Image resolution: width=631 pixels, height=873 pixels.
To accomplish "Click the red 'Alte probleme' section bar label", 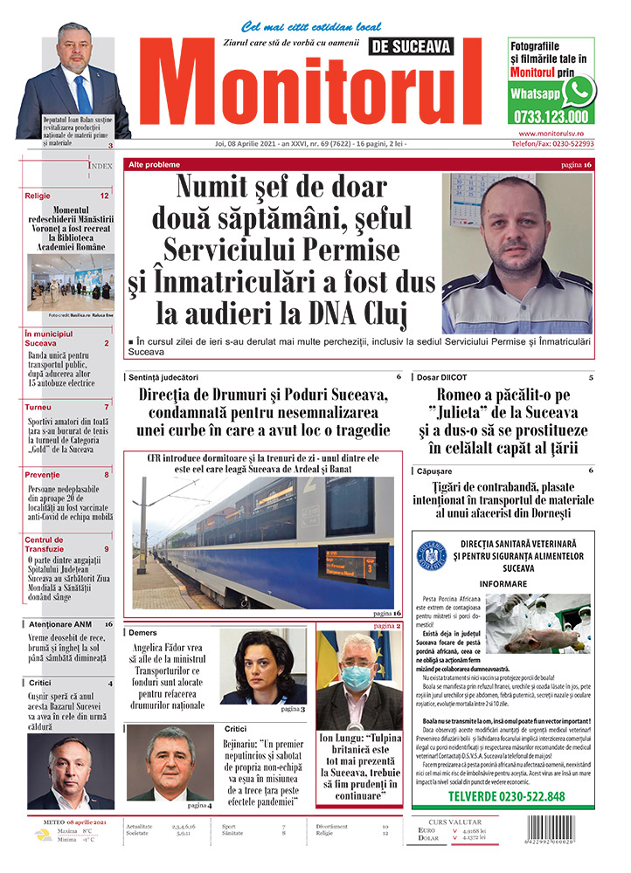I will (x=155, y=164).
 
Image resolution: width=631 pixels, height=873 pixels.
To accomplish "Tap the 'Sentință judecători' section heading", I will (x=162, y=377).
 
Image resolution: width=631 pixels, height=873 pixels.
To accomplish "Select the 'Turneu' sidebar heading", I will (x=38, y=407).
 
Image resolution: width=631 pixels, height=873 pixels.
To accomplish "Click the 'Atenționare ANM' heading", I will (x=59, y=624).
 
